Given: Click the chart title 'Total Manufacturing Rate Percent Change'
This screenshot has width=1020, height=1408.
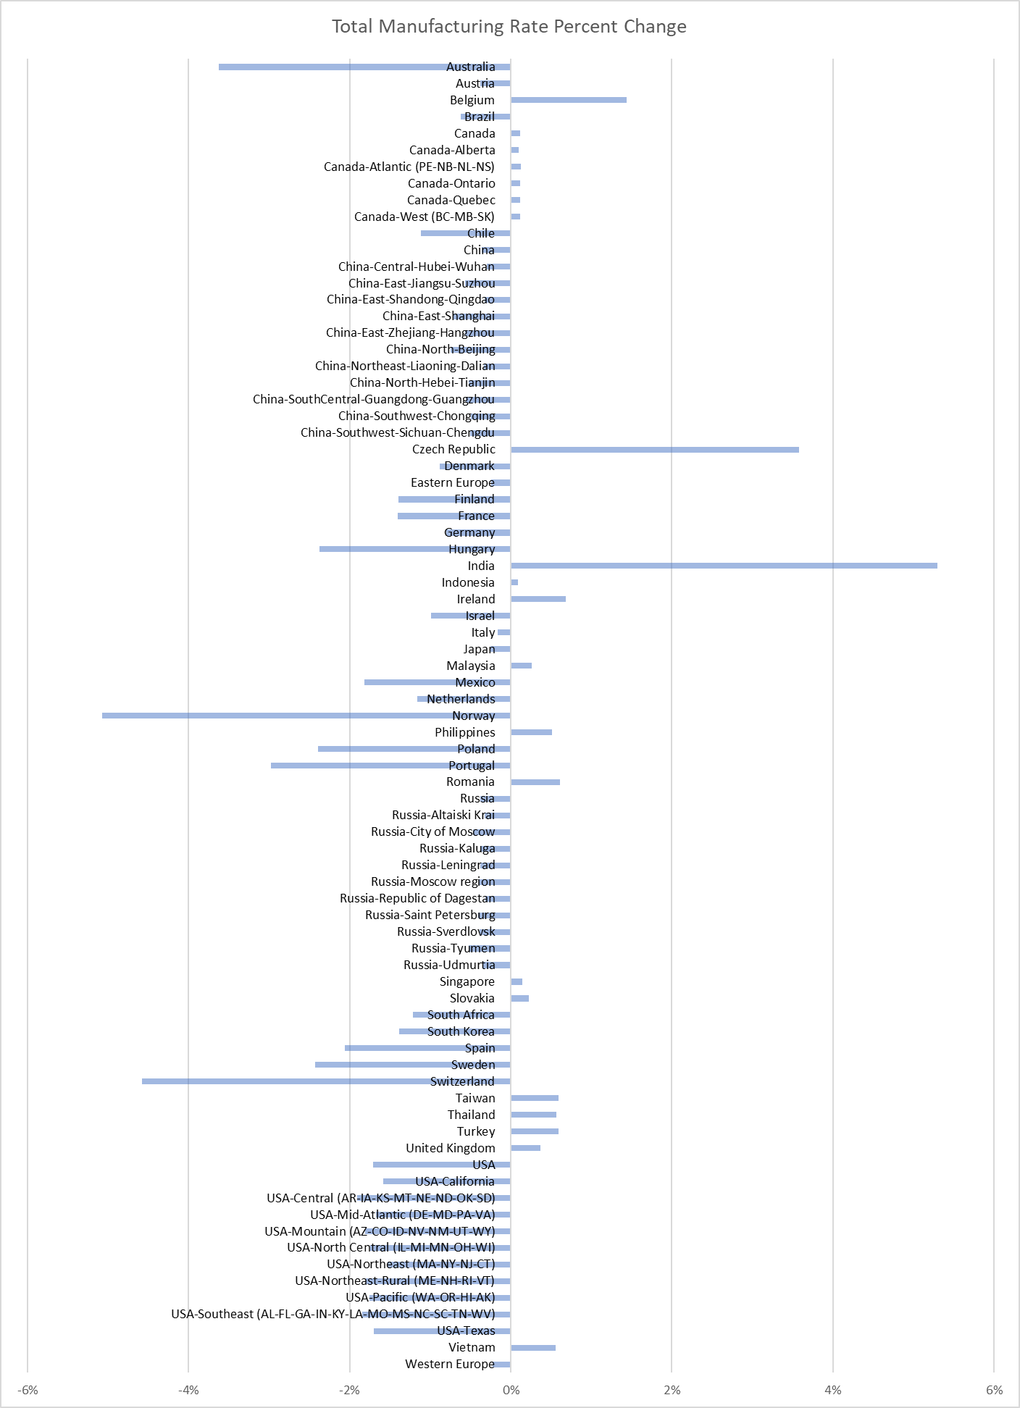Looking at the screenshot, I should tap(509, 27).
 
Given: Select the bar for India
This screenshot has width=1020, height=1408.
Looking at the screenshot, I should tap(724, 566).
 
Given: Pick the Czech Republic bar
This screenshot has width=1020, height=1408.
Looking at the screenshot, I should tap(655, 450).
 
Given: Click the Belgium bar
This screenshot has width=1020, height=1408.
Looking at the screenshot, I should tap(569, 100).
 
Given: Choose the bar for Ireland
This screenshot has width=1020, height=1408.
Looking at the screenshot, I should tap(538, 599).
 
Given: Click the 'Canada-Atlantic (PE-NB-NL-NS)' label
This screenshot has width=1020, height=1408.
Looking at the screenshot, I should tap(409, 167).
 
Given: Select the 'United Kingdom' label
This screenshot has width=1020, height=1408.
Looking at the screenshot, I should tap(451, 1148).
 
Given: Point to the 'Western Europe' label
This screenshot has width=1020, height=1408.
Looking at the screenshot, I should tap(450, 1364).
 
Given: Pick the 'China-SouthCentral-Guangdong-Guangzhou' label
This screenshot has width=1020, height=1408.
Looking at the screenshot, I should tap(374, 399).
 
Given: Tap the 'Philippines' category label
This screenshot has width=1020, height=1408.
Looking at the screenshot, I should tap(465, 732).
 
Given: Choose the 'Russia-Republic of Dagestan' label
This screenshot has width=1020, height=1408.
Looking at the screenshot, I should tap(417, 898).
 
